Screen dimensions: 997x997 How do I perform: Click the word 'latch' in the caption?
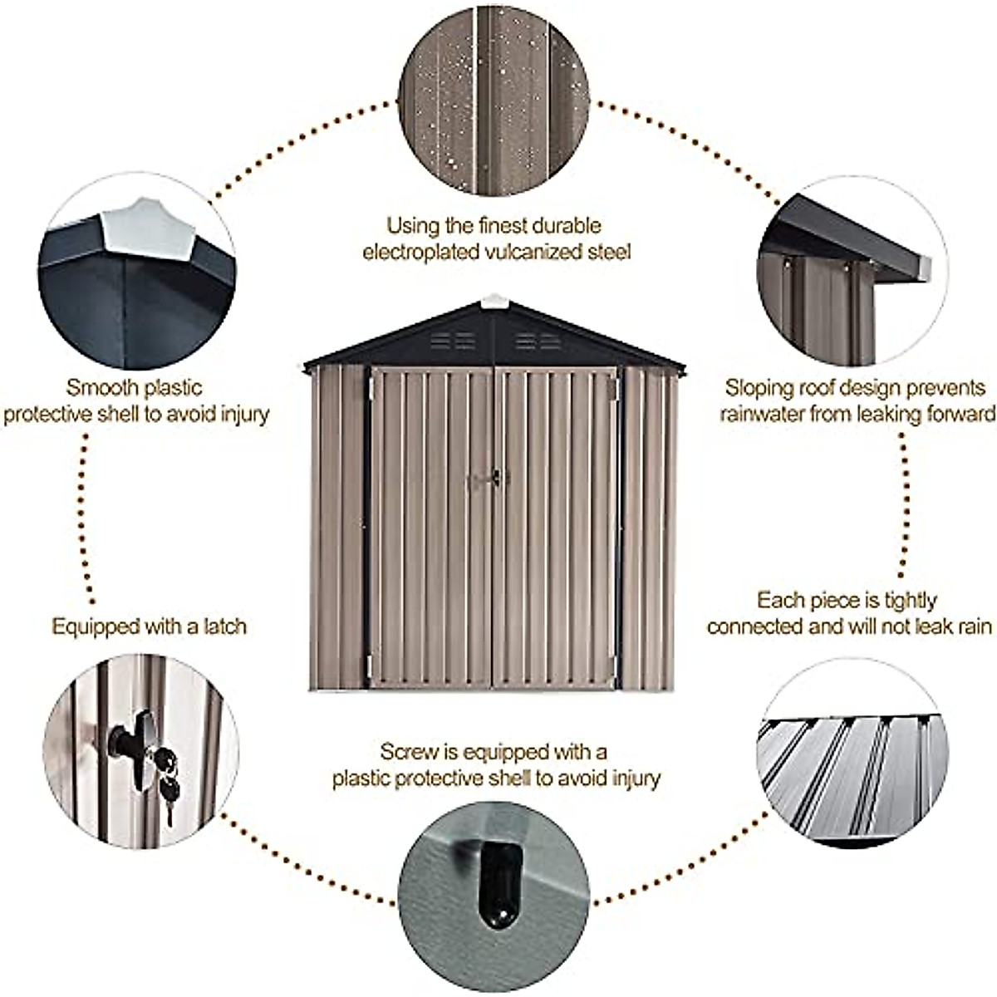point(224,626)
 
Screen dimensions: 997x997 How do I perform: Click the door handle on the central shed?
point(490,479)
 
